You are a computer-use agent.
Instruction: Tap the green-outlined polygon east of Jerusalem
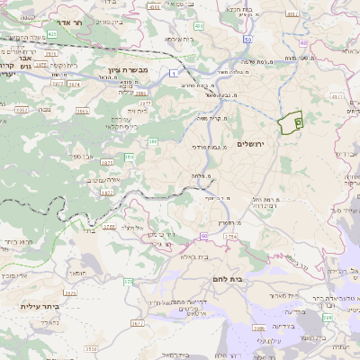click(x=290, y=123)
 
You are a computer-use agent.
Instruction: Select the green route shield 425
click(x=52, y=33)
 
